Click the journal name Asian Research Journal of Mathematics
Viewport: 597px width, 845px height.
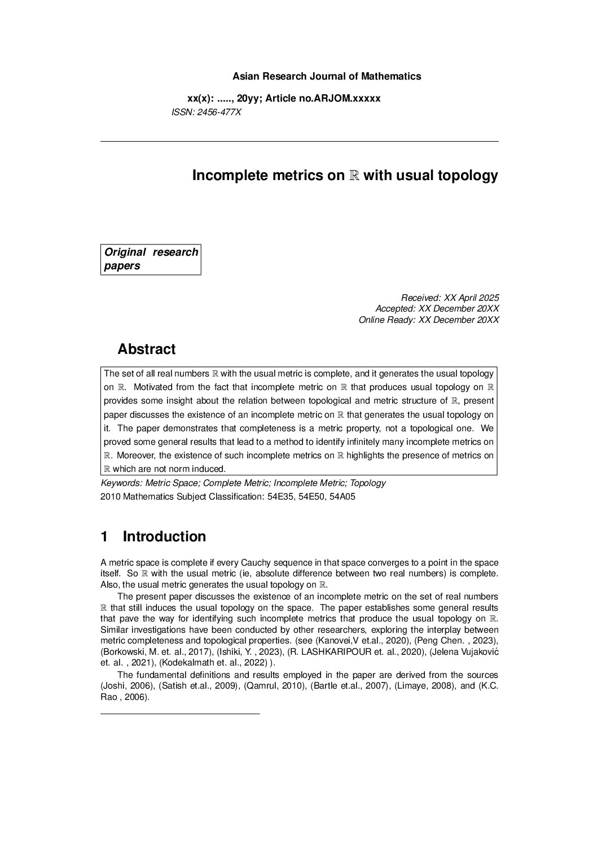[x=327, y=76]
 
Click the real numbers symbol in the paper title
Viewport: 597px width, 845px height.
[x=354, y=176]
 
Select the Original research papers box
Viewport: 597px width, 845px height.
[x=151, y=259]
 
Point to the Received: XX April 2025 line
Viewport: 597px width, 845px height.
[x=450, y=297]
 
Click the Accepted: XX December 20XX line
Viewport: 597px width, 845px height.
[x=437, y=309]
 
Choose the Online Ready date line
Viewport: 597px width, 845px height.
[x=429, y=320]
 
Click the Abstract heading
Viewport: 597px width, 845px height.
[x=146, y=349]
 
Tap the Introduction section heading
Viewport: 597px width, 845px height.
[x=164, y=536]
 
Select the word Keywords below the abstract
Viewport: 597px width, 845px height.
[x=120, y=483]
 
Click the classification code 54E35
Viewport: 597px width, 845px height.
[x=280, y=497]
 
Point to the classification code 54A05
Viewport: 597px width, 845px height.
[x=343, y=497]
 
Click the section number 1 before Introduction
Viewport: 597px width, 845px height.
[x=104, y=536]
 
